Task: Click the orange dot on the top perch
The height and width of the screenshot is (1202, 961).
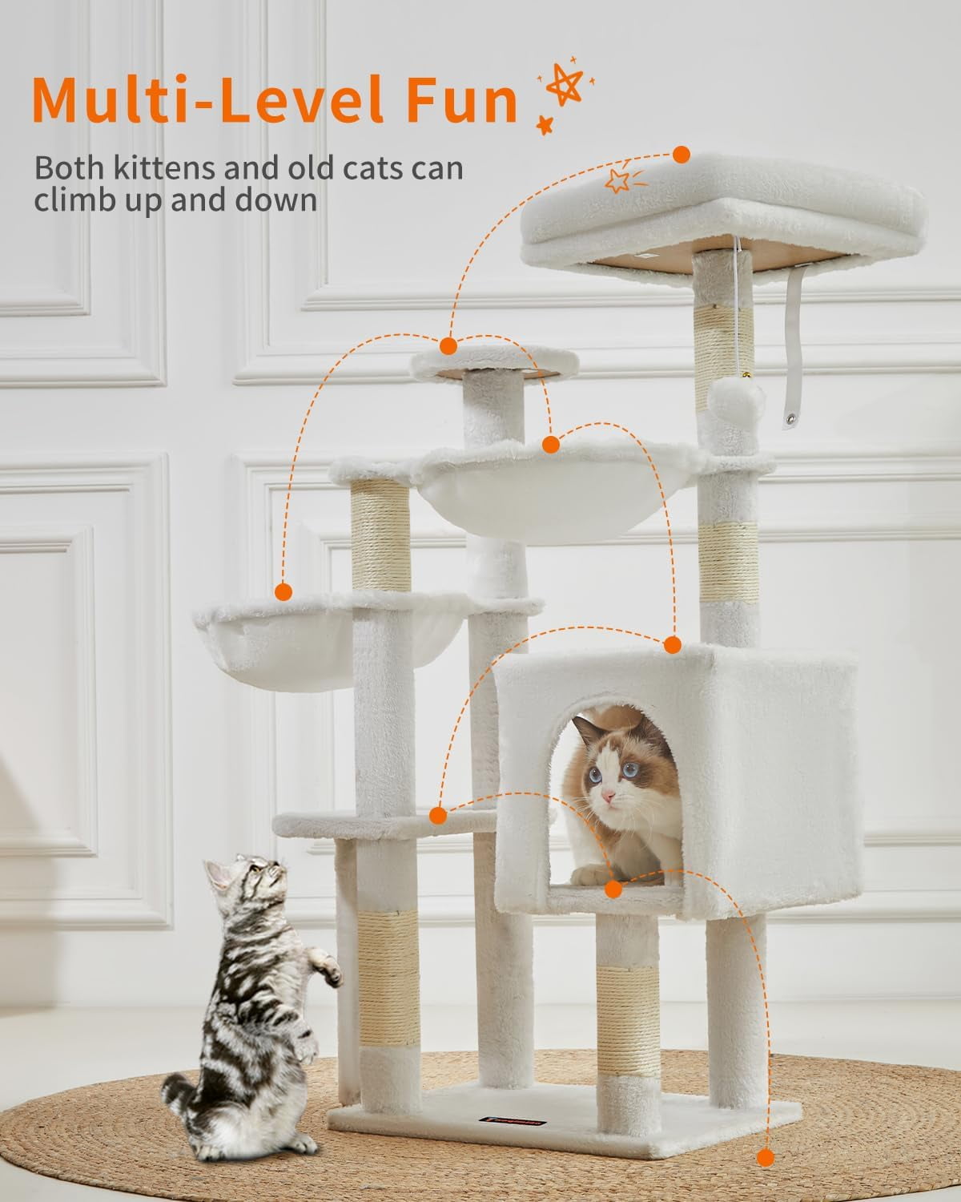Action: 682,155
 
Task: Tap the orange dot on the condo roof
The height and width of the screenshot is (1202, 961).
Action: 672,643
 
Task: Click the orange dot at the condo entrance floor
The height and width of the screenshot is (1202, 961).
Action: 614,889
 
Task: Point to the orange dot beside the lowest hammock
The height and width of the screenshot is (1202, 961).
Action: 282,592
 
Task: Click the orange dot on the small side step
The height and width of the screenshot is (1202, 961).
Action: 437,816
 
